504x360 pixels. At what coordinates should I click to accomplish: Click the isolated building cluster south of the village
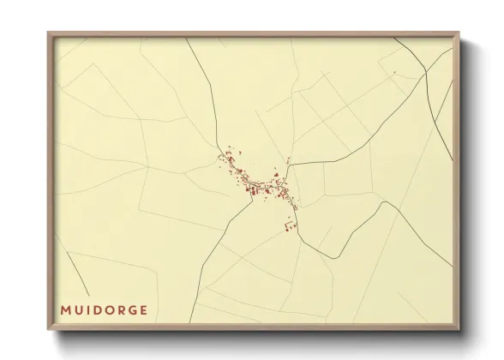[x=289, y=226]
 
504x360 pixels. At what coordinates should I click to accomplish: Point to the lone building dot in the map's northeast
[x=393, y=73]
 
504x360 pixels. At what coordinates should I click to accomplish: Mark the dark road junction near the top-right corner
[x=426, y=75]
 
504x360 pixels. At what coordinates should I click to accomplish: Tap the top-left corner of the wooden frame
[x=48, y=33]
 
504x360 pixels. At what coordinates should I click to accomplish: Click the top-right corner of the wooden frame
[x=459, y=33]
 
